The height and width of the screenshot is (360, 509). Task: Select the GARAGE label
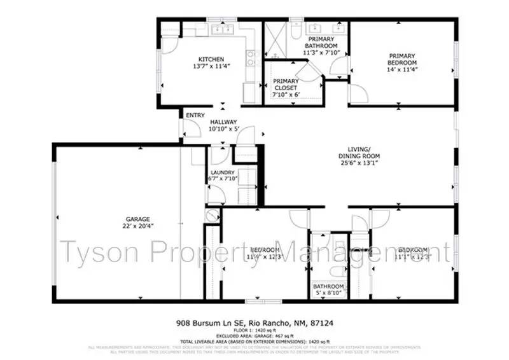click(x=120, y=219)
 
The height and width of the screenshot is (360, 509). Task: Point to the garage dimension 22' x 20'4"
click(x=120, y=226)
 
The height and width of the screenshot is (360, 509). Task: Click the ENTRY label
click(x=195, y=115)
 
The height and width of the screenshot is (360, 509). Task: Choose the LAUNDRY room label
click(x=223, y=172)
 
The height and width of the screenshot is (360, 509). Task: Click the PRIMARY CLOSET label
click(x=286, y=84)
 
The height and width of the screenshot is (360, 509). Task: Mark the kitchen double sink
click(x=223, y=29)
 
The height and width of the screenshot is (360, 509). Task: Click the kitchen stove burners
click(x=251, y=58)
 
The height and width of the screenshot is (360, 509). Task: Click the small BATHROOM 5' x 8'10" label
click(x=329, y=290)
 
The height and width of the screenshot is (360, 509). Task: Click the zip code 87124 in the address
click(x=323, y=323)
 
